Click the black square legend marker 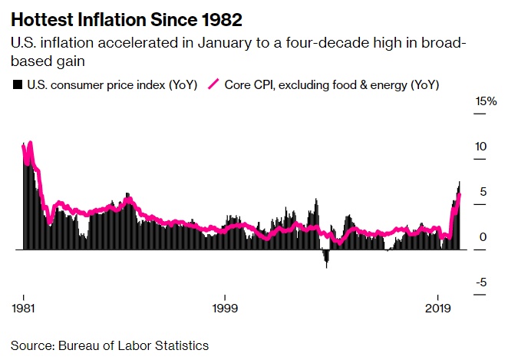pyautogui.click(x=16, y=84)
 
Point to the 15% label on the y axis pyautogui.click(x=487, y=102)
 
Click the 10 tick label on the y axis pyautogui.click(x=482, y=147)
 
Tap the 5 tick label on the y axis pyautogui.click(x=483, y=192)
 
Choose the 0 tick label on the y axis pyautogui.click(x=483, y=237)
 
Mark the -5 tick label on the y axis pyautogui.click(x=481, y=282)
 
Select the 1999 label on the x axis pyautogui.click(x=225, y=307)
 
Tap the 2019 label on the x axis pyautogui.click(x=437, y=307)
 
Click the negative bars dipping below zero pyautogui.click(x=326, y=259)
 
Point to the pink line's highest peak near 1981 pyautogui.click(x=30, y=143)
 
